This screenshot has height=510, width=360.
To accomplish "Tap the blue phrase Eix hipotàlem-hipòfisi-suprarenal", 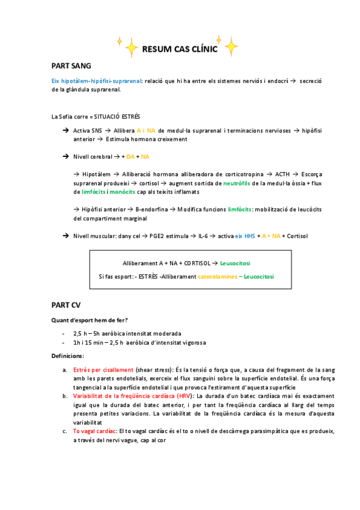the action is click(x=97, y=81).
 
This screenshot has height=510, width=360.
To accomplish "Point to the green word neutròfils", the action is click(x=240, y=182).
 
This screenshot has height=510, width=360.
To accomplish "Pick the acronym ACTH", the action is click(x=282, y=173).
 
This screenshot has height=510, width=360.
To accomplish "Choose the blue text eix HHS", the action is click(x=245, y=236).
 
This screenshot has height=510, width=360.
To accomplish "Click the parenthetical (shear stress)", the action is click(x=152, y=369).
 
